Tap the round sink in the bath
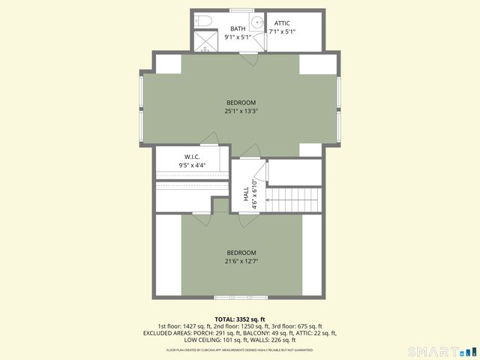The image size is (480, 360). click(x=257, y=22)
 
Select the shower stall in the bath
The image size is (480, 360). click(x=202, y=41)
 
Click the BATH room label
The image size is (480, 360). click(x=238, y=29)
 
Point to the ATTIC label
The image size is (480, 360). click(x=282, y=24)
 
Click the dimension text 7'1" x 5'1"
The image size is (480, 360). click(x=282, y=32)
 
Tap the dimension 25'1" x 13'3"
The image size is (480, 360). click(x=241, y=111)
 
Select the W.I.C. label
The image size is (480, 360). click(x=192, y=157)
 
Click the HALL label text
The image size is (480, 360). click(x=246, y=195)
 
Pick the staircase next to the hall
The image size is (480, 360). click(x=294, y=200)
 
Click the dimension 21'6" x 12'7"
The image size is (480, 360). click(x=241, y=261)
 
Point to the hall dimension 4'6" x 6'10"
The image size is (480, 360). click(x=255, y=194)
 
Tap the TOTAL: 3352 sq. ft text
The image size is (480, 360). click(x=240, y=319)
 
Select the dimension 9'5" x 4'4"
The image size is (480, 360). click(x=192, y=165)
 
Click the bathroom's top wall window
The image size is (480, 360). click(x=241, y=10)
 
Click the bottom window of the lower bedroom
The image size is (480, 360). click(x=241, y=296)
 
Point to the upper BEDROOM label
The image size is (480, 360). click(x=241, y=103)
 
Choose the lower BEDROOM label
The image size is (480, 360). click(x=241, y=253)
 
